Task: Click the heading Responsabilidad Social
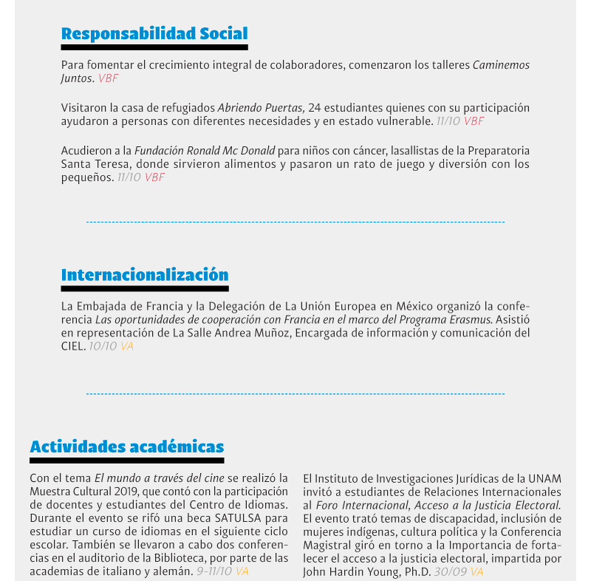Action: pyautogui.click(x=154, y=33)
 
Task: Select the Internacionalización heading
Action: pyautogui.click(x=145, y=275)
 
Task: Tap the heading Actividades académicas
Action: pyautogui.click(x=126, y=446)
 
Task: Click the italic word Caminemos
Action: pyautogui.click(x=501, y=65)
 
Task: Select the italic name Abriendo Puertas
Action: pyautogui.click(x=261, y=108)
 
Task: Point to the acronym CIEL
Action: pyautogui.click(x=72, y=346)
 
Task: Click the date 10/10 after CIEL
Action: pyautogui.click(x=103, y=346)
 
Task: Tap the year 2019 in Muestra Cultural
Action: pyautogui.click(x=141, y=492)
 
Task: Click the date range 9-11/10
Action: pyautogui.click(x=213, y=571)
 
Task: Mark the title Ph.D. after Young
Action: pyautogui.click(x=418, y=571)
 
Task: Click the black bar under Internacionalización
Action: pyautogui.click(x=145, y=289)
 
